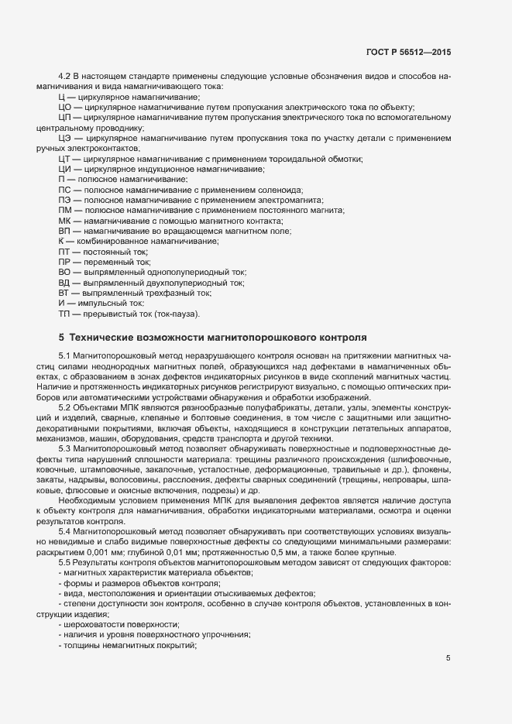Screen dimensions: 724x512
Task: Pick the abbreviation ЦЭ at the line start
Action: coord(64,138)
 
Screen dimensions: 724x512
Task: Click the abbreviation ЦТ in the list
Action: coord(64,159)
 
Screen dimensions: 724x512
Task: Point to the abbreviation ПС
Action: coord(64,190)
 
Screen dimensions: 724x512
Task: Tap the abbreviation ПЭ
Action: coord(64,200)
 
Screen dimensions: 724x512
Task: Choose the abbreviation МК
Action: coord(64,221)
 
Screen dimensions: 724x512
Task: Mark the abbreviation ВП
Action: coord(64,231)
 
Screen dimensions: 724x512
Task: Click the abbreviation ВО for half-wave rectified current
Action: coord(64,273)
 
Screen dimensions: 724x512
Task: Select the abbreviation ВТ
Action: coord(64,293)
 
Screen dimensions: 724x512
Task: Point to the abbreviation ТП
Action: coord(64,314)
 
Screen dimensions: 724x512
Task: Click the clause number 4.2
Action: coord(65,76)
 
